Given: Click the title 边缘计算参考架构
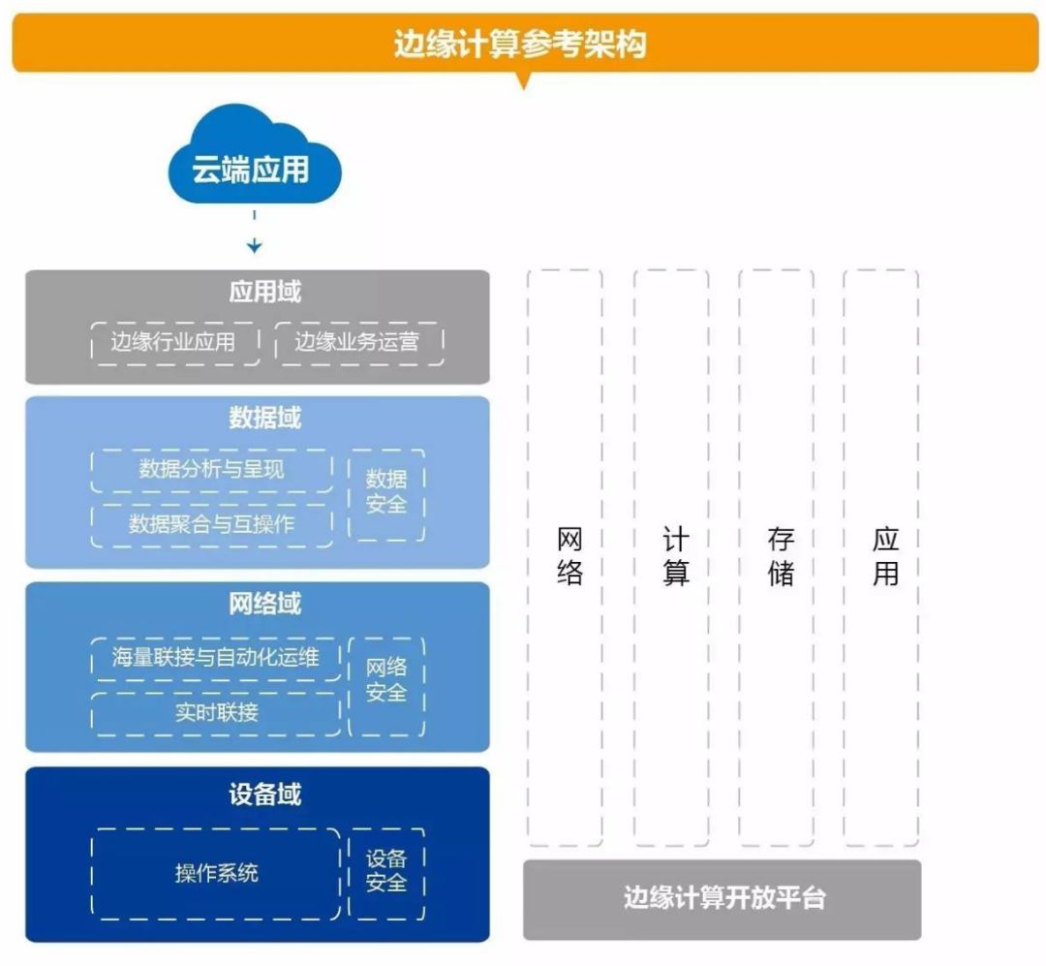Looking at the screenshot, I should [x=523, y=44].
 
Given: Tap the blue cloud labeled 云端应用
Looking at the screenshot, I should [x=253, y=167].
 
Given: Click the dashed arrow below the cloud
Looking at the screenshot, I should [x=254, y=233].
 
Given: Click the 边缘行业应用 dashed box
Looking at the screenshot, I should [x=174, y=342].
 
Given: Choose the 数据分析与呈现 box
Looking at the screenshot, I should [x=211, y=470].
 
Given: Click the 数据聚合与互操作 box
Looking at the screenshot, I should [x=211, y=524].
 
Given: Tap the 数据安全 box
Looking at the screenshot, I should [x=386, y=492].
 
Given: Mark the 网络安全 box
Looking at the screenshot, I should [x=386, y=681].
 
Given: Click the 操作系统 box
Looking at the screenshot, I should [x=216, y=873].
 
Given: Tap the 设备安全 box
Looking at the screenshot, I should [x=386, y=871].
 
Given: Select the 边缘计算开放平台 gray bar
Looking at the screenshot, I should [x=723, y=898].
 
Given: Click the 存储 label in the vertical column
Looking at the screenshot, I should [x=780, y=556].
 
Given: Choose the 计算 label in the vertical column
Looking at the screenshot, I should [x=674, y=556].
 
